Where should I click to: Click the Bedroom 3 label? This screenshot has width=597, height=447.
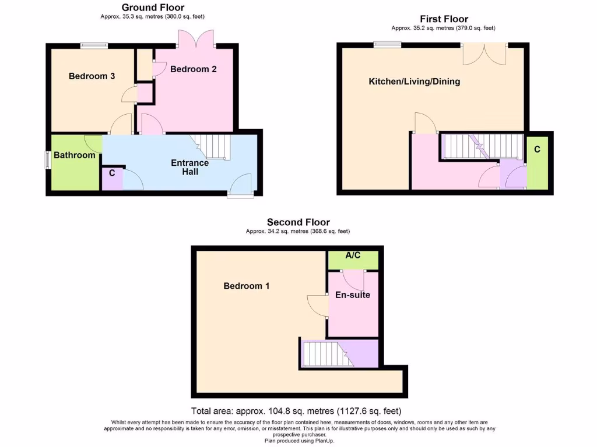click(92, 76)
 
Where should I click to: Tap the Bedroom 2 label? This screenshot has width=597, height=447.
click(193, 69)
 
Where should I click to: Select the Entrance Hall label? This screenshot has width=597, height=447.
click(189, 167)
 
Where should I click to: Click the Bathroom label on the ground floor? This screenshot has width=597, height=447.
click(74, 155)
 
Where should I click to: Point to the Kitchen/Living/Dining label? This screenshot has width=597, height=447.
click(414, 81)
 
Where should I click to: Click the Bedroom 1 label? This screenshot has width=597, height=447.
click(247, 286)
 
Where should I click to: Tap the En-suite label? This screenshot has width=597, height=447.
click(352, 295)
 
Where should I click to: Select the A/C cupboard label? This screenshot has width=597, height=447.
click(352, 254)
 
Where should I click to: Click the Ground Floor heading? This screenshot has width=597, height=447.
click(152, 8)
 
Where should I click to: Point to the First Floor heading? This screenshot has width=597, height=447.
click(444, 19)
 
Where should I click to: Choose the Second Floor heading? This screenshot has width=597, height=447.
click(298, 222)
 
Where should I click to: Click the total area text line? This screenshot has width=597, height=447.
click(296, 410)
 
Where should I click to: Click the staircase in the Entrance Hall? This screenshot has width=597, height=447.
click(211, 146)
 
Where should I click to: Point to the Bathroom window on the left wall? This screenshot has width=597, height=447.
click(47, 160)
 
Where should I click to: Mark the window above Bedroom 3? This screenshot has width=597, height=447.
click(94, 44)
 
